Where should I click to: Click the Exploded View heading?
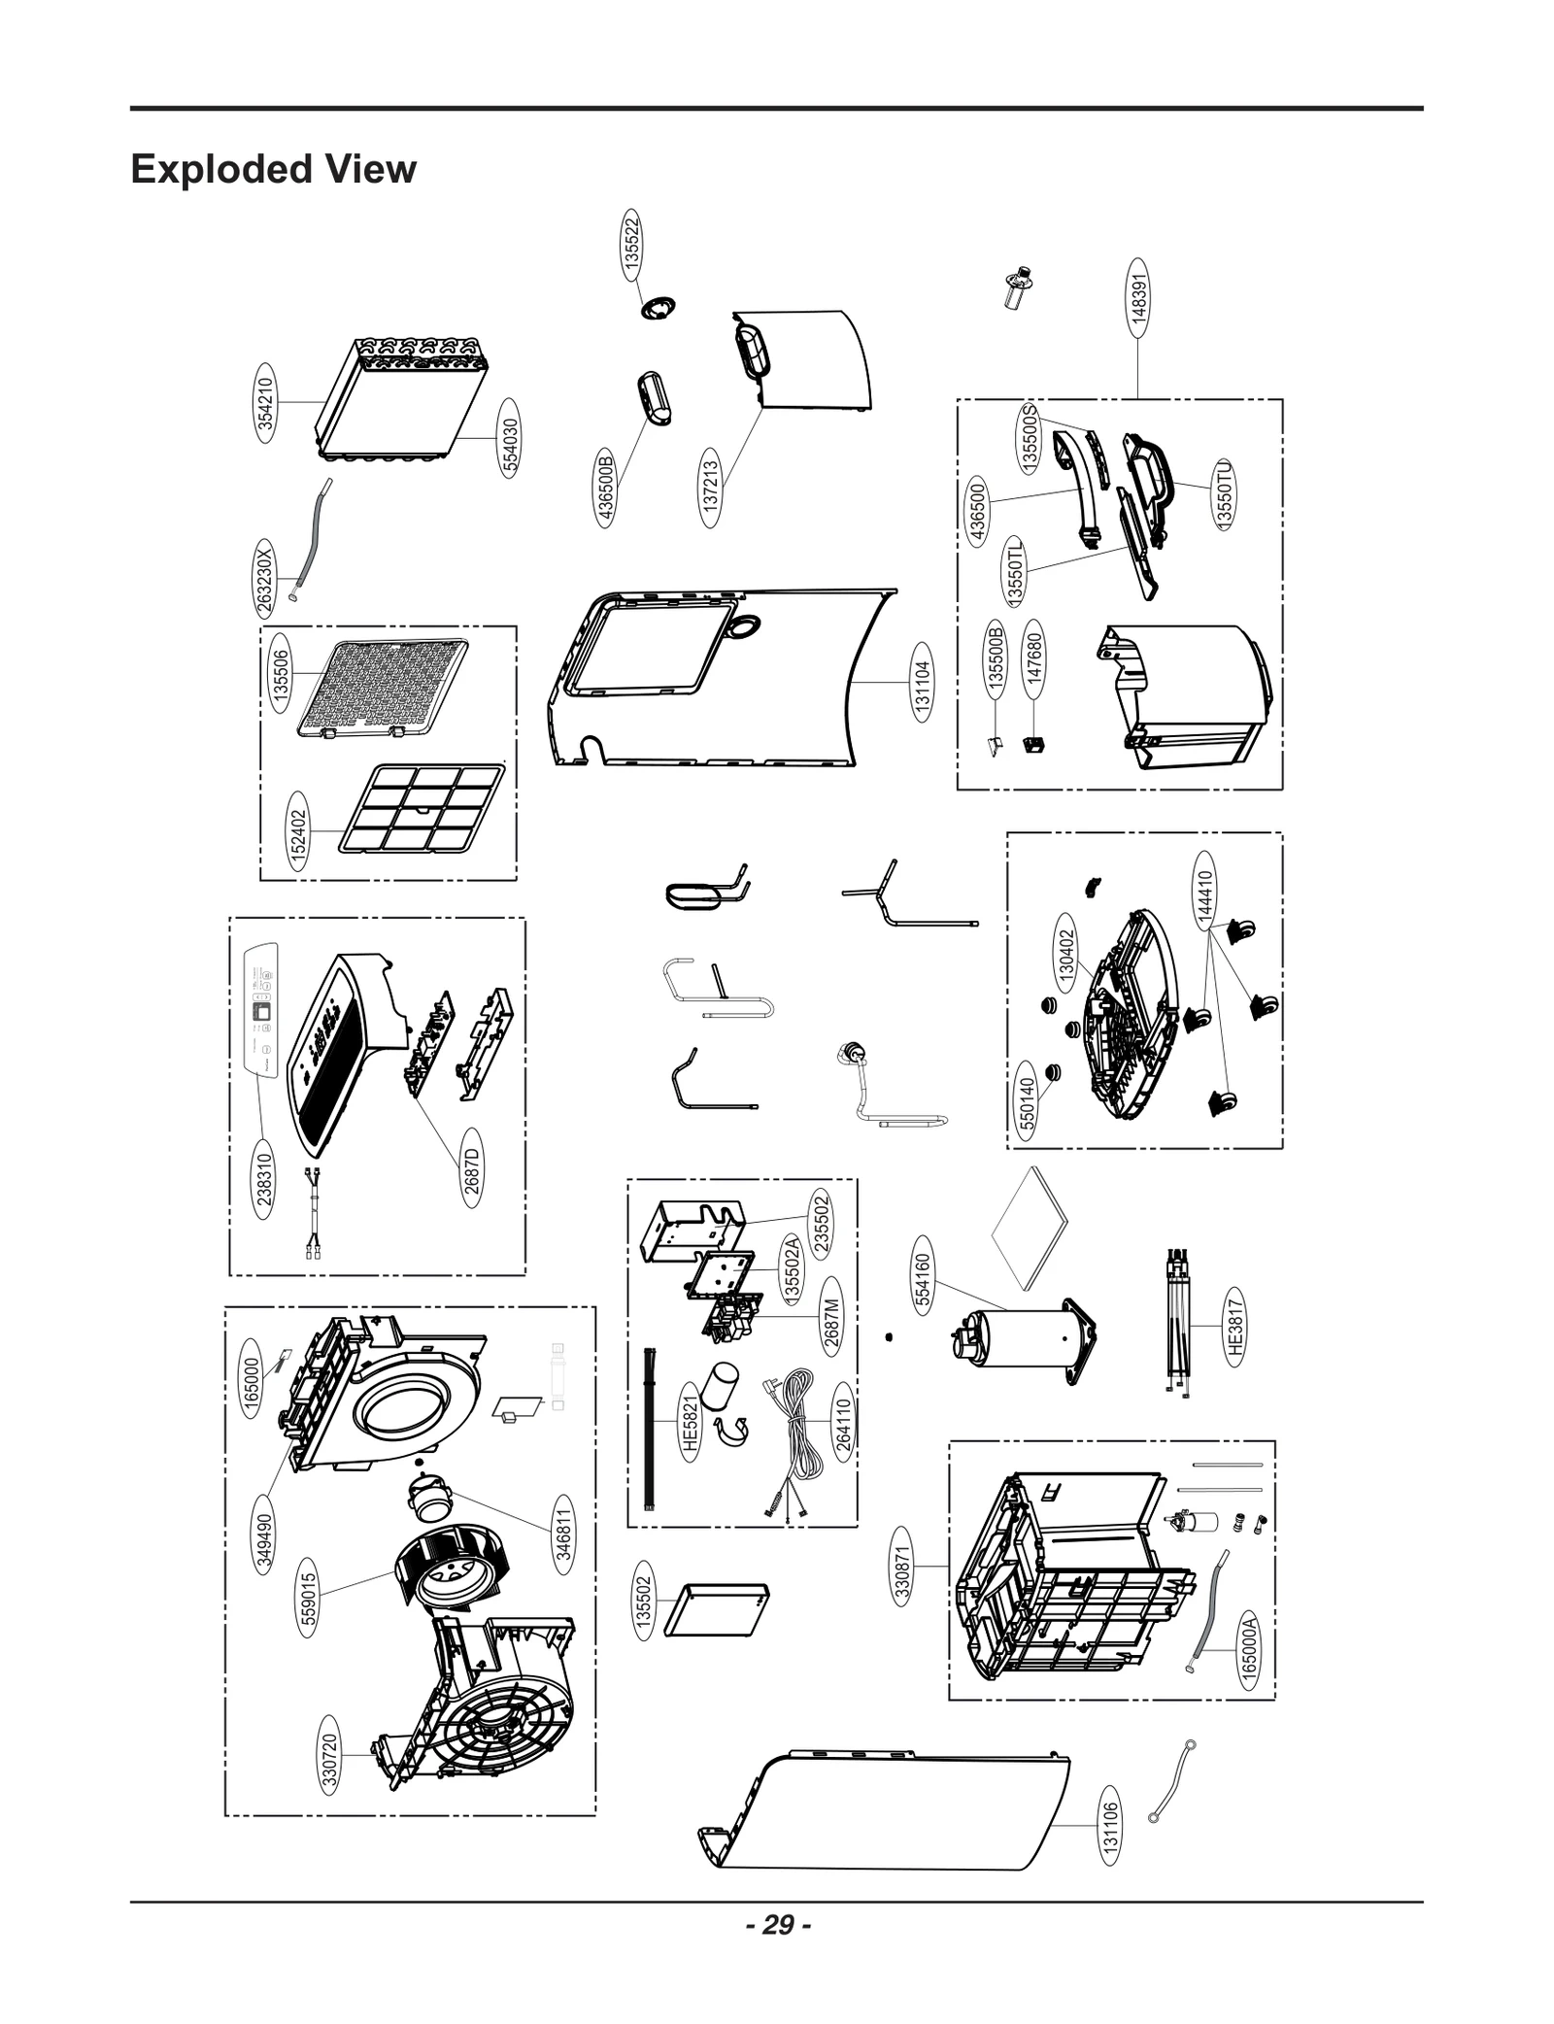tap(273, 169)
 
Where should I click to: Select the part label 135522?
tap(631, 243)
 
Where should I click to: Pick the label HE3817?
tap(1233, 1326)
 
